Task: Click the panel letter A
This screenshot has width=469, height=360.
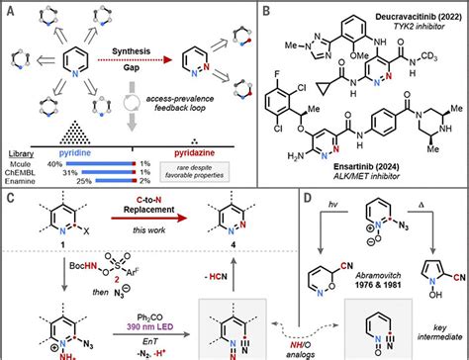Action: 9,9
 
